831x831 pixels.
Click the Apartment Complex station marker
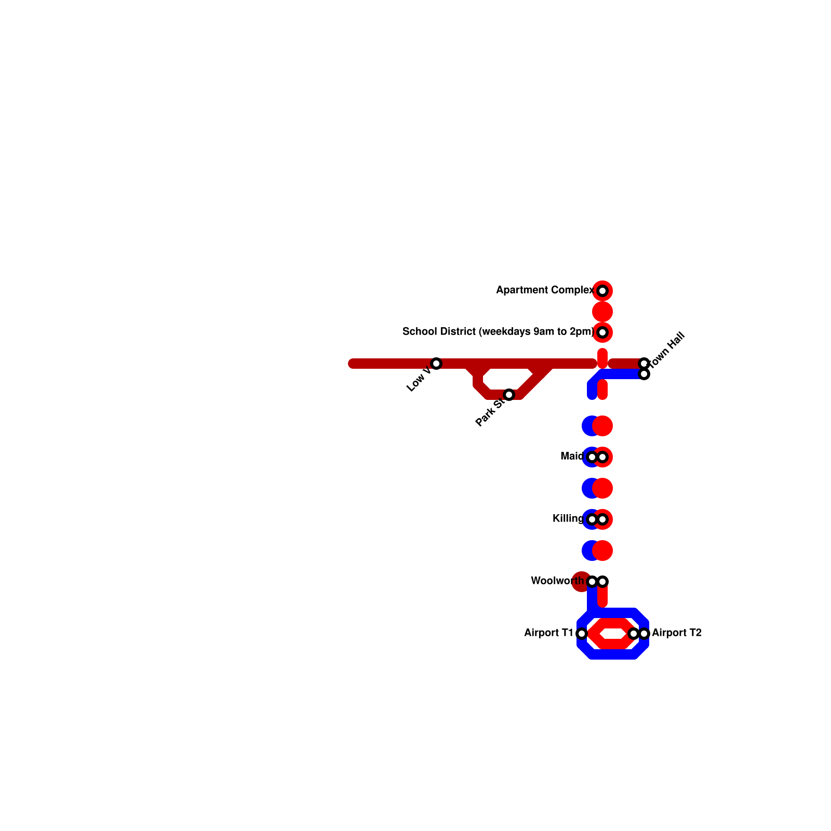[602, 291]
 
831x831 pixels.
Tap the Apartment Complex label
[545, 290]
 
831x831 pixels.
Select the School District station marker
[602, 332]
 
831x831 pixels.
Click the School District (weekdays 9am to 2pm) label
[498, 331]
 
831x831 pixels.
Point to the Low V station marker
[436, 364]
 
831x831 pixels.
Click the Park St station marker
[509, 395]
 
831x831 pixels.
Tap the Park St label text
[489, 412]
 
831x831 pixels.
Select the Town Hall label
[668, 350]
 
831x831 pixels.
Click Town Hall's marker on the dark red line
[644, 363]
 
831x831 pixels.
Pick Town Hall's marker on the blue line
[644, 374]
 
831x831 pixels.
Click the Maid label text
[572, 457]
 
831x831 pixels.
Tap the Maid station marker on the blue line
[592, 457]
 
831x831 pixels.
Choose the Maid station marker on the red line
[602, 457]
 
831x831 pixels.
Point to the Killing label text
[568, 519]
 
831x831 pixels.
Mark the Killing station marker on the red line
[602, 519]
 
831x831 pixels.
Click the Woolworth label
[557, 581]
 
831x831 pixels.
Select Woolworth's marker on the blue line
[592, 582]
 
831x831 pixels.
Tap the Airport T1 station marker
[582, 634]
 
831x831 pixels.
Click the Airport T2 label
[677, 633]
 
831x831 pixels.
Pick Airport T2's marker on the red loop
[633, 634]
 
